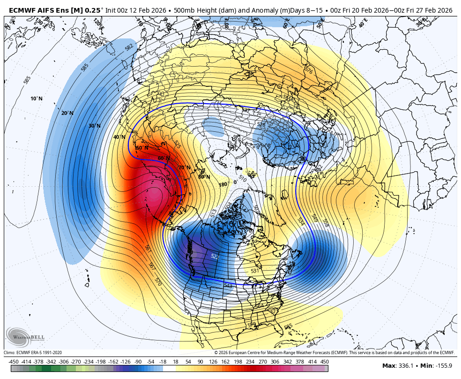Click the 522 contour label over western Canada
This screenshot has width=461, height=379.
coord(215,256)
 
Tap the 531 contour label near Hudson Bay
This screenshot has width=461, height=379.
coord(255,271)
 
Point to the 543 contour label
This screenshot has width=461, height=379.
coord(228,285)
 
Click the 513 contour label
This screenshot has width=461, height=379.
coord(214,212)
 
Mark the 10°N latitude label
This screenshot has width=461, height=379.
coord(37,99)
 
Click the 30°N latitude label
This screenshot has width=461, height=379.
coord(95,126)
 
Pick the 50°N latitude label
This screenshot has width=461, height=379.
coord(141,148)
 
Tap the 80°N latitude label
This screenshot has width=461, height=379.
coord(204,176)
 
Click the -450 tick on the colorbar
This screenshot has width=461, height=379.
coord(13,361)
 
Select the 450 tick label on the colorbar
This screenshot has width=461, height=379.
coord(324,361)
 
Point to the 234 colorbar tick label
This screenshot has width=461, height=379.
coord(250,361)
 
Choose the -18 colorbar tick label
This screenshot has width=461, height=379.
coord(163,361)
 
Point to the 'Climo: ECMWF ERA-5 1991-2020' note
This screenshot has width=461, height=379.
coord(33,352)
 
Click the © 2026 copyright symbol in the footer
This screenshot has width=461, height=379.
coord(216,352)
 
